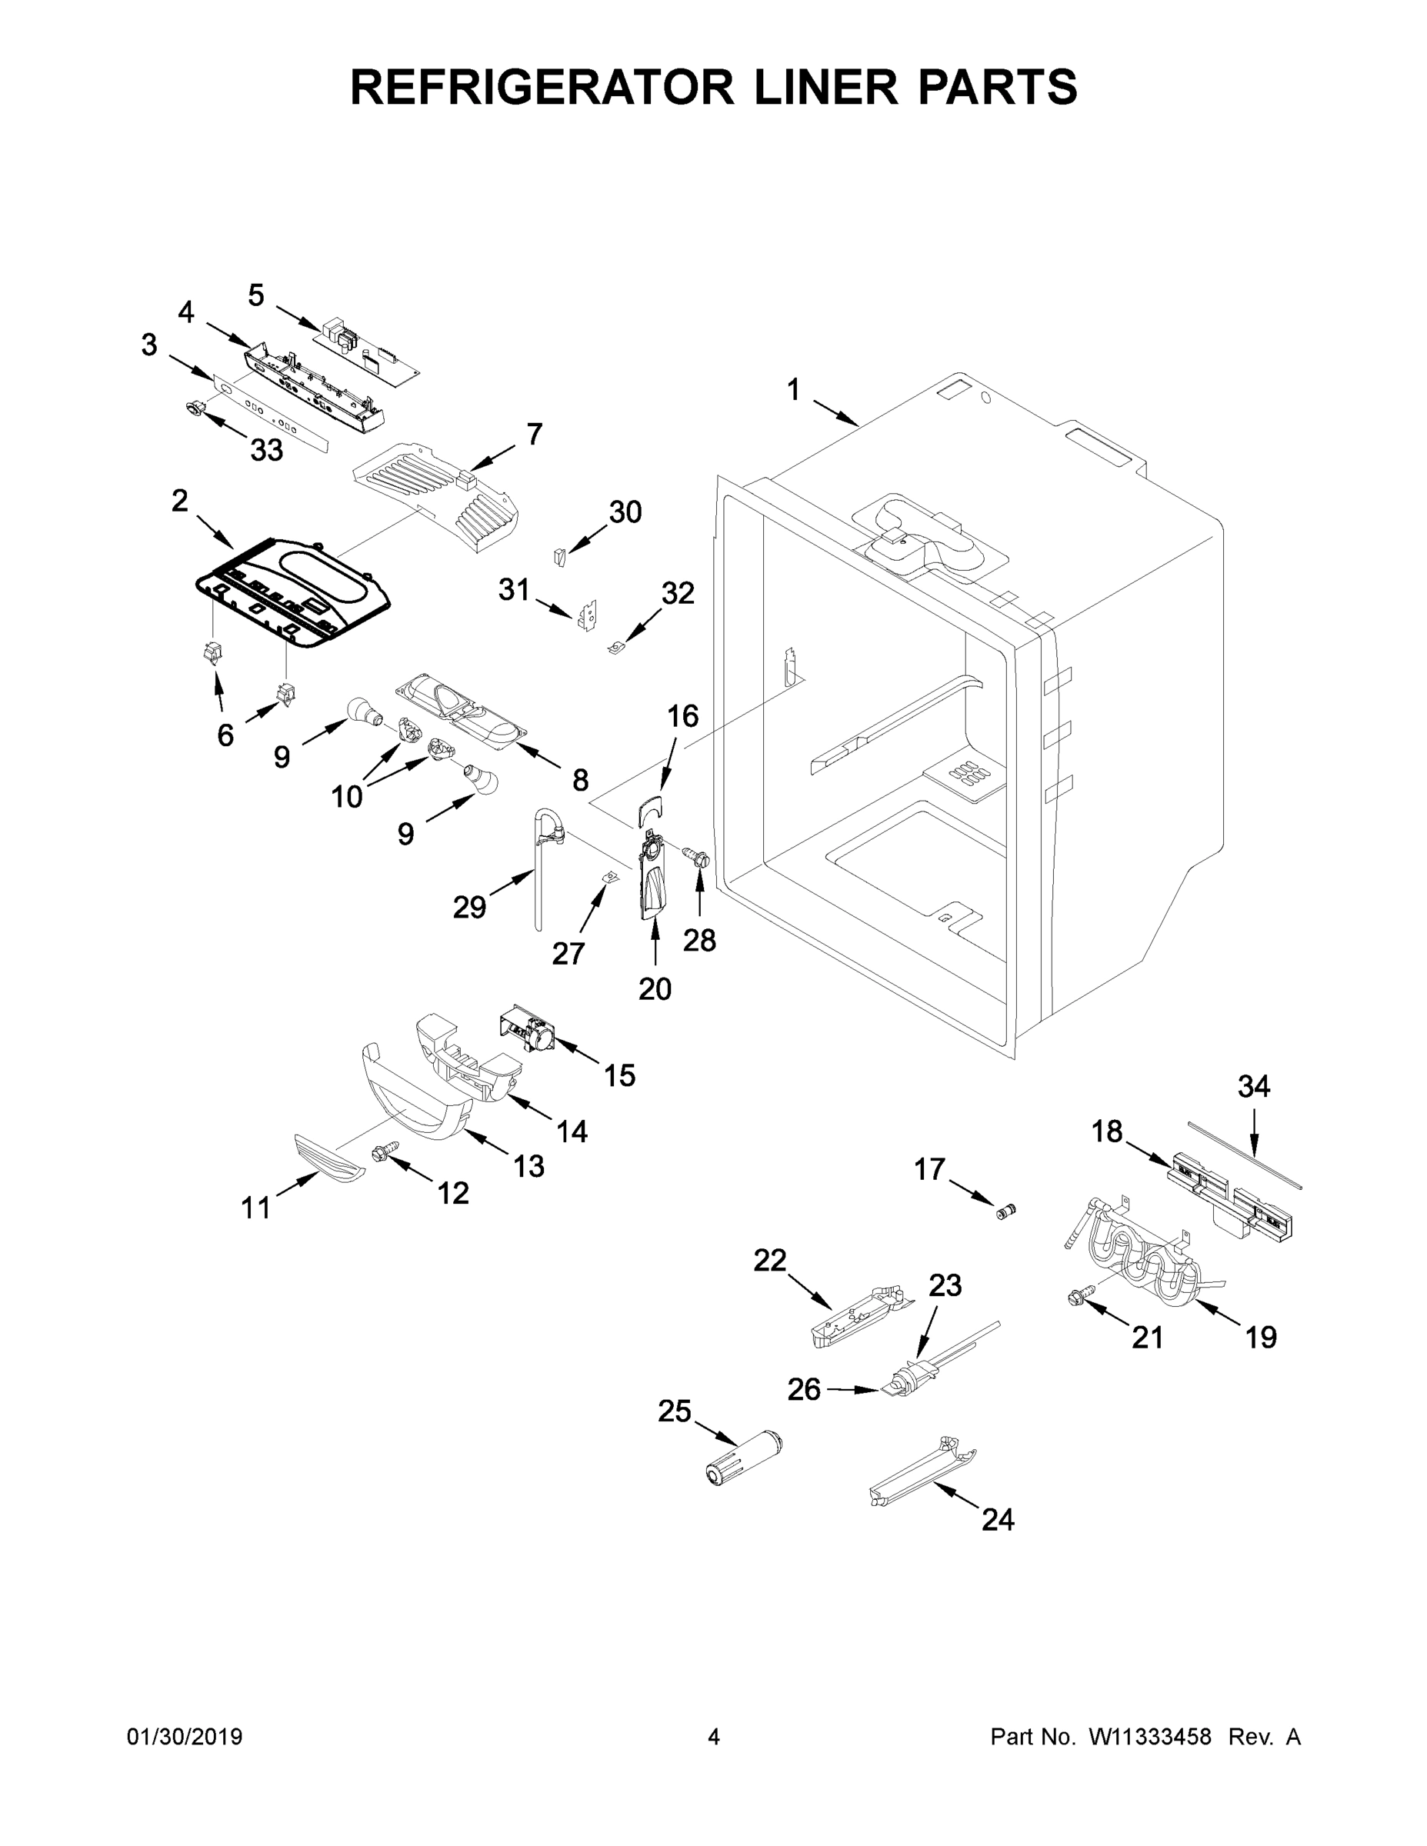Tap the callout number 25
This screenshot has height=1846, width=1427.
click(675, 1411)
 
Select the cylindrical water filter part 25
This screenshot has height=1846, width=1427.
click(745, 1458)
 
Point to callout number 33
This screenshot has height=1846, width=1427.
click(265, 451)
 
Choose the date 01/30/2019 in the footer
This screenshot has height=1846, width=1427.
click(185, 1737)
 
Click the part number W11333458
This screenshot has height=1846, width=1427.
click(1150, 1737)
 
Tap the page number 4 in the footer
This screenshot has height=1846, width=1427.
click(714, 1737)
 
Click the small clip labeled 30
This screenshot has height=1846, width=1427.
click(558, 556)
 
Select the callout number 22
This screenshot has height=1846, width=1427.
click(769, 1260)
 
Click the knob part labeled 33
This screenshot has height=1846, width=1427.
click(196, 409)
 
